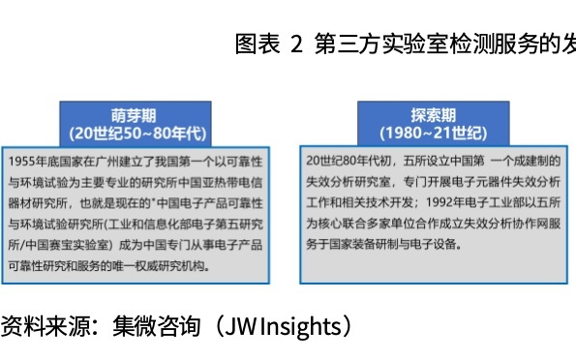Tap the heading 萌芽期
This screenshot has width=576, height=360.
click(x=135, y=112)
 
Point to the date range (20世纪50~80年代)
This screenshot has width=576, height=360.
click(x=135, y=133)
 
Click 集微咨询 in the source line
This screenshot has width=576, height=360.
click(x=156, y=326)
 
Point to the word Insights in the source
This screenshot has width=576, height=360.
click(x=298, y=326)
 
